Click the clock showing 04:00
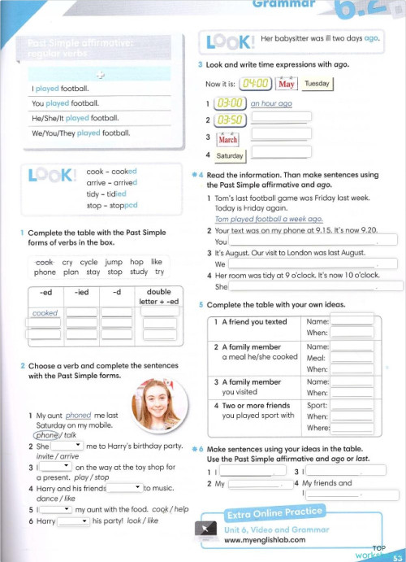257,83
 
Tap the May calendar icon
287,84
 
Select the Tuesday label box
316,83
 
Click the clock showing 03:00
229,103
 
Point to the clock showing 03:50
229,120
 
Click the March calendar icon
228,138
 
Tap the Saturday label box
230,155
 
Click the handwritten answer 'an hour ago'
271,104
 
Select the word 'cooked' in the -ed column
45,313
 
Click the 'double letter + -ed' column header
158,297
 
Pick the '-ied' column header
81,293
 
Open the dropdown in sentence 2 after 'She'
67,446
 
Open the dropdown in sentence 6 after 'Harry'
73,521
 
